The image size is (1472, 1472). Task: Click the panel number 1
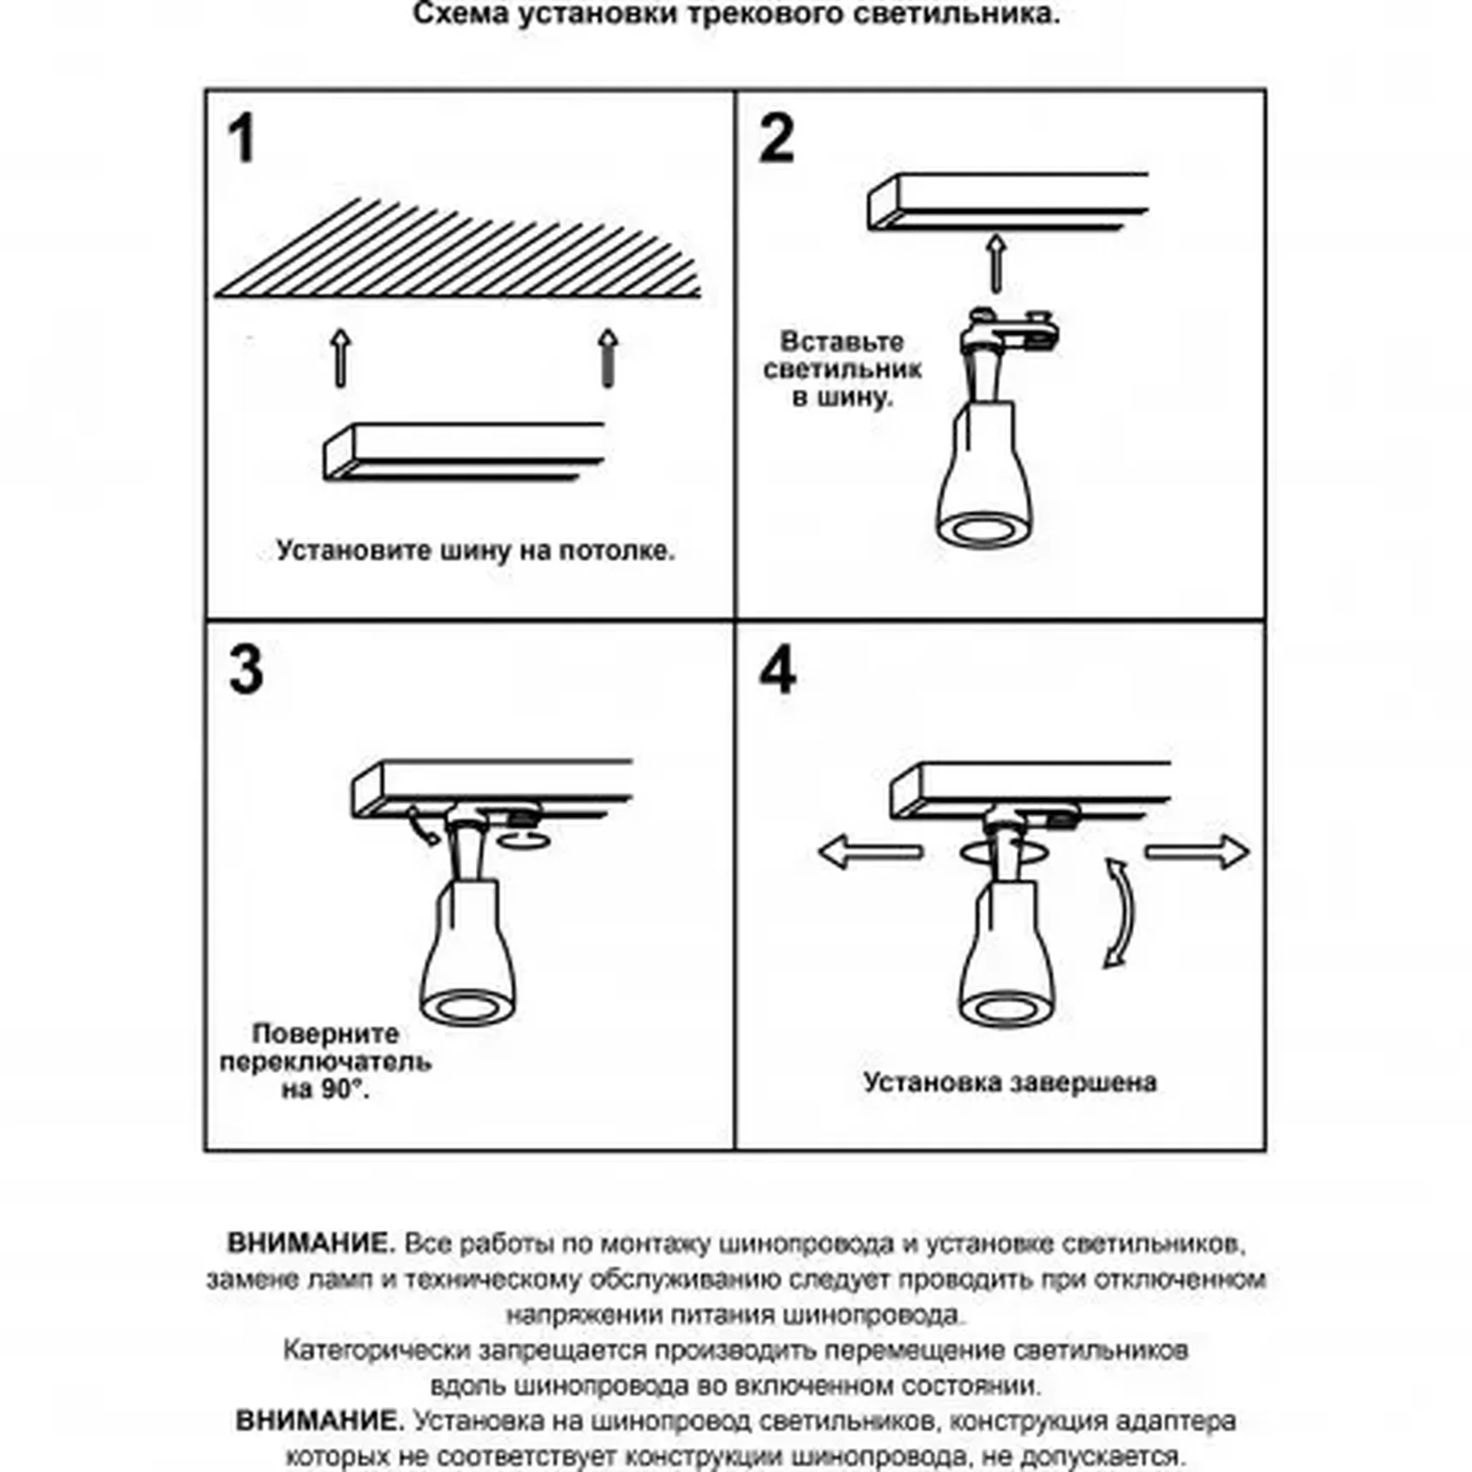coord(242,139)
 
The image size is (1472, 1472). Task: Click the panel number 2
coord(776,139)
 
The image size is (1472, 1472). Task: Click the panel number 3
coord(246,670)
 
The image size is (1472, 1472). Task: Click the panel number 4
coord(777,670)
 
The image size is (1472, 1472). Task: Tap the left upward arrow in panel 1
coord(341,358)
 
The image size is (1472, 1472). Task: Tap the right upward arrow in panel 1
coord(608,358)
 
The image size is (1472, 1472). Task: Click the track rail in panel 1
coord(463,451)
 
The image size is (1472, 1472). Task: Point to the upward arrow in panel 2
coord(995,264)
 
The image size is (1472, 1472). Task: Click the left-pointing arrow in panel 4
coord(869,852)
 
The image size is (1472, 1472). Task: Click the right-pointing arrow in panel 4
coord(1198,852)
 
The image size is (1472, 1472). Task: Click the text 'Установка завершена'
coord(1010,1083)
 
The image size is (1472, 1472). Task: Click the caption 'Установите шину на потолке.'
coord(475,550)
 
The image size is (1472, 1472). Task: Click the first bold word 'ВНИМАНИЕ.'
coord(311,1243)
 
